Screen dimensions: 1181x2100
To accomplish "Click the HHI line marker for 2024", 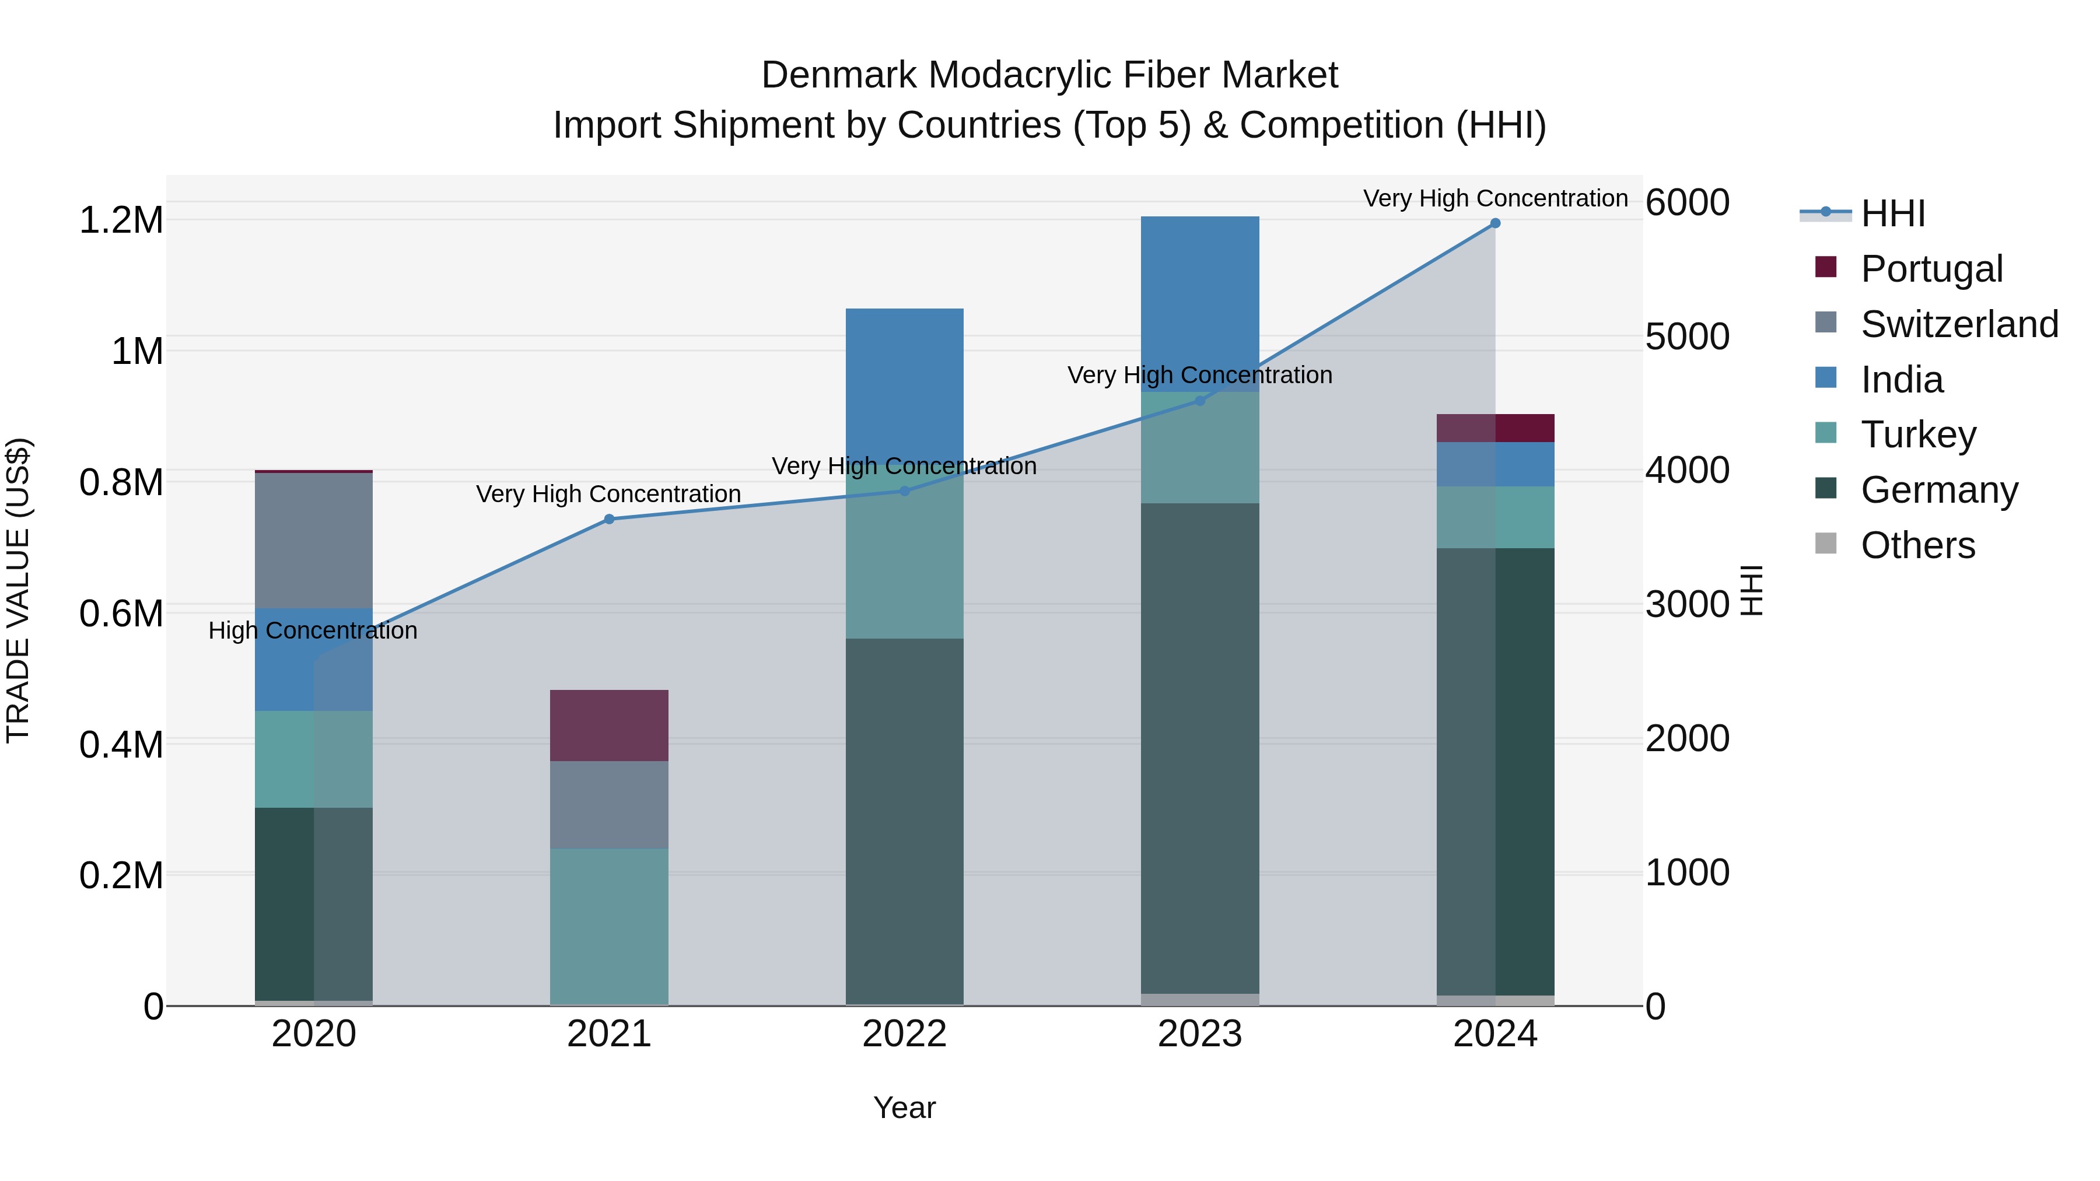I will [1494, 223].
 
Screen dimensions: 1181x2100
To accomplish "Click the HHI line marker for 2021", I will [609, 519].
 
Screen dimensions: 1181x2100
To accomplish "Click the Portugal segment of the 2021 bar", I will [609, 726].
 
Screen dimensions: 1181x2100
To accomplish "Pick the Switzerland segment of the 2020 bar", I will [314, 541].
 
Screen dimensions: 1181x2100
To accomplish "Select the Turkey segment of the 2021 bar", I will [609, 927].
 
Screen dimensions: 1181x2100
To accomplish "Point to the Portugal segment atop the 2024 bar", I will [1494, 428].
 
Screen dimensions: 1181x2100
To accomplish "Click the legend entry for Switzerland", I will [1959, 324].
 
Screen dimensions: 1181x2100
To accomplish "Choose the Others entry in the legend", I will [1917, 545].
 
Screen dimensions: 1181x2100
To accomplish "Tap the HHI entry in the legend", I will [1892, 213].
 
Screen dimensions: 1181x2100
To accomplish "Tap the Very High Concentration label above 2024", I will [1494, 199].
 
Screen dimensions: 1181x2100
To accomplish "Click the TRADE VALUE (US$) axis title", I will [18, 590].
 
